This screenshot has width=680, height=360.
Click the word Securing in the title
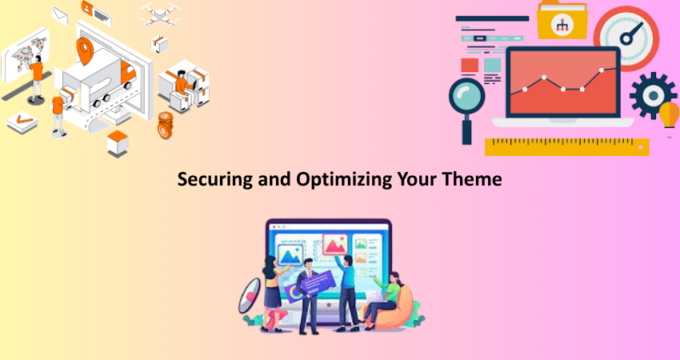pos(215,179)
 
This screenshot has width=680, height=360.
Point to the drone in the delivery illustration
pos(160,14)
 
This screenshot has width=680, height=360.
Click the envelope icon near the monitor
pos(60,16)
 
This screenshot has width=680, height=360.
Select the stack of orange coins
pos(166,126)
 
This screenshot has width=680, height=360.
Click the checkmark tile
pos(22,122)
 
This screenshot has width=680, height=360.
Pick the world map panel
pos(25,55)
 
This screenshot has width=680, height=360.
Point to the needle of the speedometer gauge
pos(631,33)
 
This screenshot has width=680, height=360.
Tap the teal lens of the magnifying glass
pos(466,96)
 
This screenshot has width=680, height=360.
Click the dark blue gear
pos(653,95)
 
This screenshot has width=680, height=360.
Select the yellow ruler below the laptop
pos(567,146)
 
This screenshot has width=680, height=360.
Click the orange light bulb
pos(669,115)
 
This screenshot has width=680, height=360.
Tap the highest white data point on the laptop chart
pos(602,70)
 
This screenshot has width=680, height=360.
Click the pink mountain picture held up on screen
pos(334,245)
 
